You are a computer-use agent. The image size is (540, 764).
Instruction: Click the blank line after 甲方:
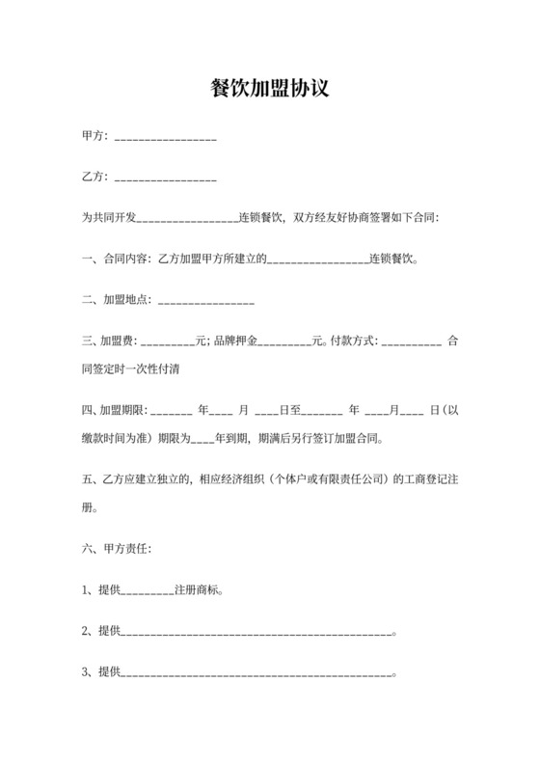165,140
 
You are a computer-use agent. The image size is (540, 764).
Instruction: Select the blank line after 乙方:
165,179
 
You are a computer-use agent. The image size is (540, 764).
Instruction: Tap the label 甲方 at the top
94,137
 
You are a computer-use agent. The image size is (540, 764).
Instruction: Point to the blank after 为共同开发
189,220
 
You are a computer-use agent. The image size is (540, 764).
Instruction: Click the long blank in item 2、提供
256,634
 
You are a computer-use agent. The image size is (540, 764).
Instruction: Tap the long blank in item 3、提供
256,674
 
